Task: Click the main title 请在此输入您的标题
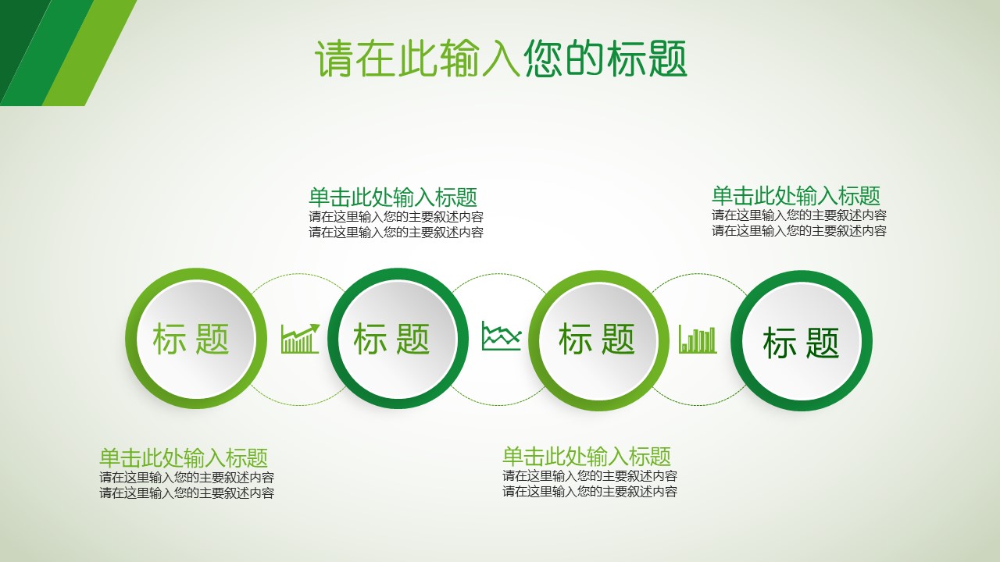[x=501, y=59]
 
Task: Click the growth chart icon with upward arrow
[x=301, y=339]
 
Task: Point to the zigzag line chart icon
[x=501, y=336]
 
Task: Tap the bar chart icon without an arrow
[x=698, y=340]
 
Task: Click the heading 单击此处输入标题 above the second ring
[x=392, y=197]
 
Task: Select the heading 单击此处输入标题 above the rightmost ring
[x=795, y=196]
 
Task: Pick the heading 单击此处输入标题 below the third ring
[x=586, y=457]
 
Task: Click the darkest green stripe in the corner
[x=16, y=31]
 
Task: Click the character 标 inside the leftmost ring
[x=170, y=340]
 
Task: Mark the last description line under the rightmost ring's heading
[x=798, y=231]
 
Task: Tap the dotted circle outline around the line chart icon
[x=501, y=274]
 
